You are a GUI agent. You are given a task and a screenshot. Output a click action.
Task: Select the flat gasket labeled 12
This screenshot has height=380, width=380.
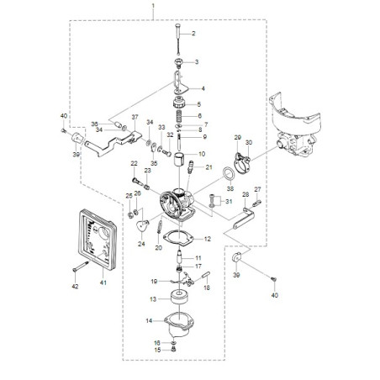178,239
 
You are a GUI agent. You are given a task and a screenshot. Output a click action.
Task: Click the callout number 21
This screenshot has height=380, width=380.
209,166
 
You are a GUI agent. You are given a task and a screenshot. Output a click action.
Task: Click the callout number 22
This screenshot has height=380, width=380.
134,163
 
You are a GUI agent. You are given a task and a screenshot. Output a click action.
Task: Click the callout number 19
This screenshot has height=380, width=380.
156,281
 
